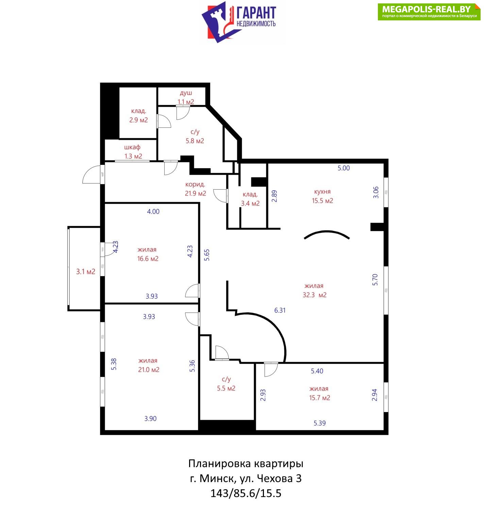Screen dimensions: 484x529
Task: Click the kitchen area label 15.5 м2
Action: click(x=322, y=201)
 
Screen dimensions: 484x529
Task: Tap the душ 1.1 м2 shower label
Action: click(x=186, y=97)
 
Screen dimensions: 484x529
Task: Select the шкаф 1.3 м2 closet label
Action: click(x=133, y=152)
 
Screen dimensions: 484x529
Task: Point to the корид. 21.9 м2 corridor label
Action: click(x=196, y=189)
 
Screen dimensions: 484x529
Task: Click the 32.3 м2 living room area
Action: click(x=315, y=295)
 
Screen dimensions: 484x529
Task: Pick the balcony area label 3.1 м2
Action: click(x=86, y=272)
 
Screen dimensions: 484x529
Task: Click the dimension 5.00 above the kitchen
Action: click(x=344, y=168)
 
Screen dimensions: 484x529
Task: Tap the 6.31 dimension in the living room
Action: click(x=280, y=310)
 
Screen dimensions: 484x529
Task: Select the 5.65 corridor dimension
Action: click(x=207, y=255)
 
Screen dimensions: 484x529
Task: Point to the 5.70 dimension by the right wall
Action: click(x=375, y=280)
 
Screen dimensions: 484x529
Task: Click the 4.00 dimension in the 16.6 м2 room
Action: click(x=153, y=211)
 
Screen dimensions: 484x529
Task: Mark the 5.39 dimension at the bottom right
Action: click(x=320, y=423)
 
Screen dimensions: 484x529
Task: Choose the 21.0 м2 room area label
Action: click(x=149, y=370)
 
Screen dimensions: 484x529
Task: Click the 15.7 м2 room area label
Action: click(x=319, y=398)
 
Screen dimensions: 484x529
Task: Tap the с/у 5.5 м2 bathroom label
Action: click(x=226, y=384)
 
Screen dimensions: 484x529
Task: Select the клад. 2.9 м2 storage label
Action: click(x=138, y=116)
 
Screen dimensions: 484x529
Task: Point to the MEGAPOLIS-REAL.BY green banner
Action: click(x=429, y=12)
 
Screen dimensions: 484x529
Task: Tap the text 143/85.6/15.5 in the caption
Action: click(x=246, y=493)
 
